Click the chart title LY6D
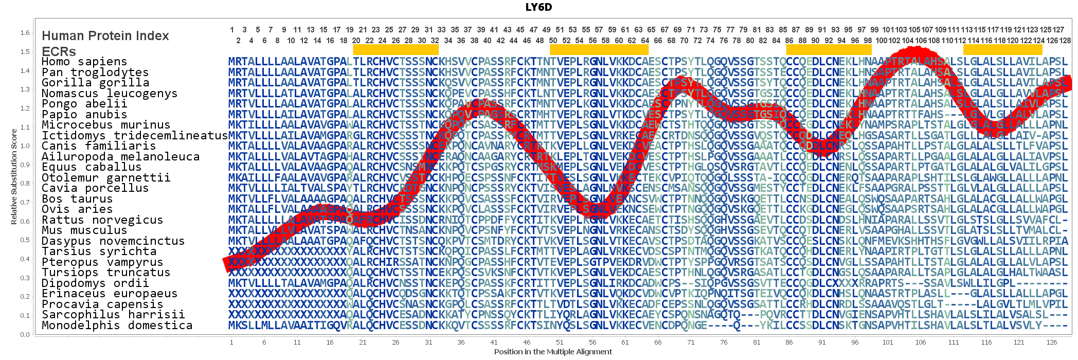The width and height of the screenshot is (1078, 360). click(538, 7)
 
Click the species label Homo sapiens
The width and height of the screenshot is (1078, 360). click(84, 62)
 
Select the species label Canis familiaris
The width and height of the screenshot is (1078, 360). click(98, 146)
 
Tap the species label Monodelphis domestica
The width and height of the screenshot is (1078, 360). click(117, 325)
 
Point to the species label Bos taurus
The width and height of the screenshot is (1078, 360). click(77, 199)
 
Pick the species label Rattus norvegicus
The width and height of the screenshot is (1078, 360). click(102, 220)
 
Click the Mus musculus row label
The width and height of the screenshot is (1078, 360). click(84, 230)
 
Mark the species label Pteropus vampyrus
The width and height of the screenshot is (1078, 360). click(102, 262)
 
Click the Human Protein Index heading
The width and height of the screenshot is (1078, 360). click(105, 36)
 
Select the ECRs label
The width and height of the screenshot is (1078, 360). click(59, 52)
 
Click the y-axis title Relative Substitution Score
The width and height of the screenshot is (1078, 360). click(14, 176)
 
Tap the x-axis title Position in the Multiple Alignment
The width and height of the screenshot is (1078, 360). click(553, 352)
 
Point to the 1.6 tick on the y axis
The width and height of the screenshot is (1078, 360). click(25, 33)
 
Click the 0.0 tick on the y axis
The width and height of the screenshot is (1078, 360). click(25, 334)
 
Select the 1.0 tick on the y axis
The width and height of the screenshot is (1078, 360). click(25, 146)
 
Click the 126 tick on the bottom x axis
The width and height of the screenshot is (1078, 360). click(1052, 342)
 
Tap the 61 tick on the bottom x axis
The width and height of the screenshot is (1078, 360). click(625, 342)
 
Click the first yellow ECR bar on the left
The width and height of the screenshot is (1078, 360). click(396, 49)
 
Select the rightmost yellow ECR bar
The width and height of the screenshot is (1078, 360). click(1002, 49)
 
